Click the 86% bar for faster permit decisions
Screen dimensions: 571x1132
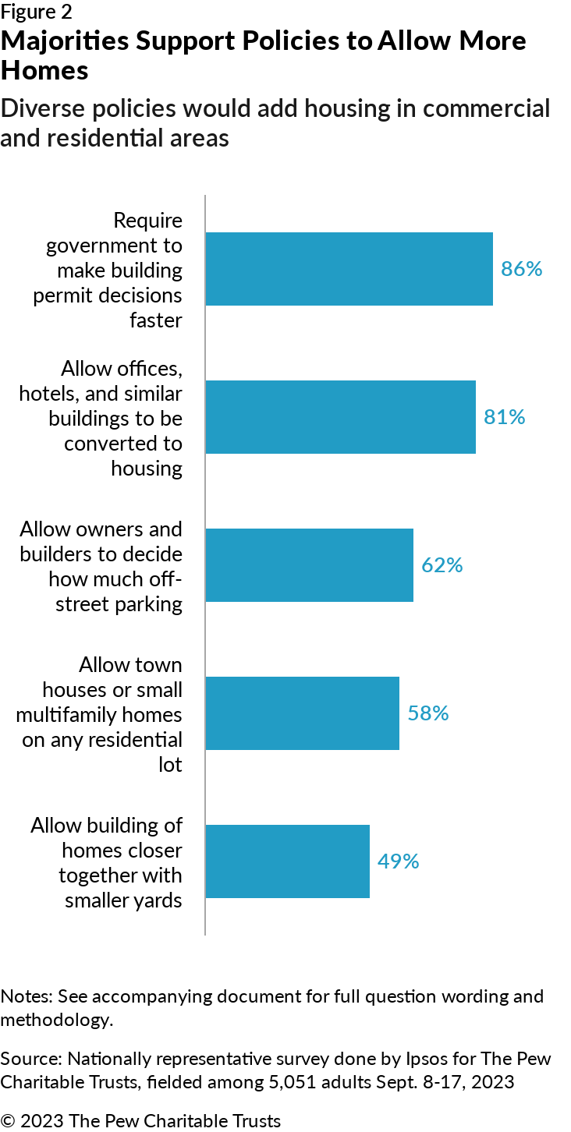[349, 269]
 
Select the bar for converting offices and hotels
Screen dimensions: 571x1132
[340, 417]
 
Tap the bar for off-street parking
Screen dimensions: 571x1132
[310, 565]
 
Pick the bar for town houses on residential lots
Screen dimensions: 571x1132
[303, 713]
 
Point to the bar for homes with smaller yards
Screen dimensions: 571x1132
[288, 861]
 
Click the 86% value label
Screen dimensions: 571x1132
[521, 269]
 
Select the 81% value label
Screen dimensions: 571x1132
[504, 417]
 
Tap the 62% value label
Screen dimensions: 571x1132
[442, 565]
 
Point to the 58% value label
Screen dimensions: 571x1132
[428, 713]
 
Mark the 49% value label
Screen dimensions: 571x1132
[398, 861]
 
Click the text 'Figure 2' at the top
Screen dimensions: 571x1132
[37, 12]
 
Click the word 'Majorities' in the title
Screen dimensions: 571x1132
[65, 41]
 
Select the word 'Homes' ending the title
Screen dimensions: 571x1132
[44, 70]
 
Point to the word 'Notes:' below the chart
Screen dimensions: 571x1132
[27, 996]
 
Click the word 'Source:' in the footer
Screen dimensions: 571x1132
[31, 1058]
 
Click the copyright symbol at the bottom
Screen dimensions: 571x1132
[8, 1121]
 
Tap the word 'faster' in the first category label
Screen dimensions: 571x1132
[156, 320]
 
